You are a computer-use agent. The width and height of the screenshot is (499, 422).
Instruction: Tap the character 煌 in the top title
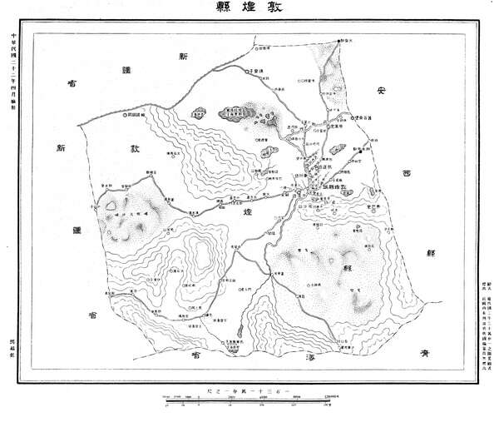tap(249, 12)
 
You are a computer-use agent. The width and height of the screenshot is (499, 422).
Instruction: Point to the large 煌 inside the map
tap(249, 215)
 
